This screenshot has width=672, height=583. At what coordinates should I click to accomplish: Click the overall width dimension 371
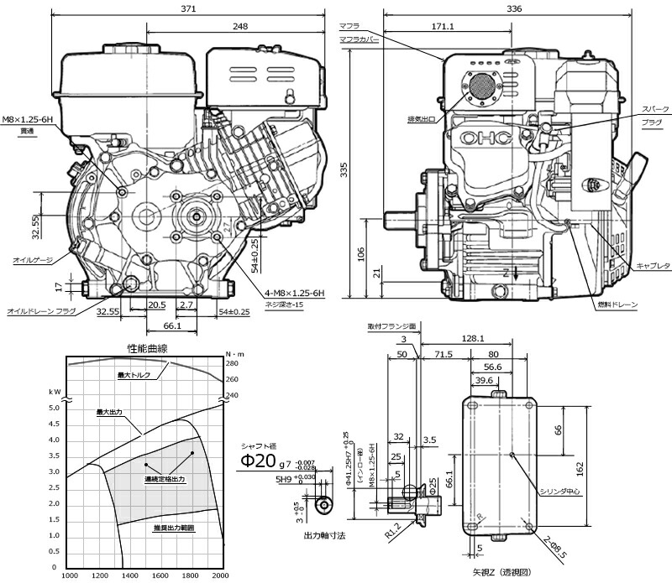coord(187,8)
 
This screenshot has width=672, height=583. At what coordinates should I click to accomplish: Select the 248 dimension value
coord(241,27)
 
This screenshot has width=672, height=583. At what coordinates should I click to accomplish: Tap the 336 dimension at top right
coord(515,8)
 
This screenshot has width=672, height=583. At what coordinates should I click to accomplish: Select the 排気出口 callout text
coord(420,120)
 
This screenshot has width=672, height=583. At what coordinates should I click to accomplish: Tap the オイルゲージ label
coord(31,260)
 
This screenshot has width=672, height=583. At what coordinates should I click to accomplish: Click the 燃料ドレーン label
coord(617,304)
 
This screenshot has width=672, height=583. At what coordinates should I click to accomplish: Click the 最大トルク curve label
coord(134,374)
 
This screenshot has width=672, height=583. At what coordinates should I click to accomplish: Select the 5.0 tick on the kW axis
coord(54,408)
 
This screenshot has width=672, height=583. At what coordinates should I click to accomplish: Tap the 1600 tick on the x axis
coord(160,575)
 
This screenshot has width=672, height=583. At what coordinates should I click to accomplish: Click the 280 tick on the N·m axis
coord(232,364)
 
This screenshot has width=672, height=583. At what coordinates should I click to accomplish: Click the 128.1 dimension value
coord(474,339)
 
